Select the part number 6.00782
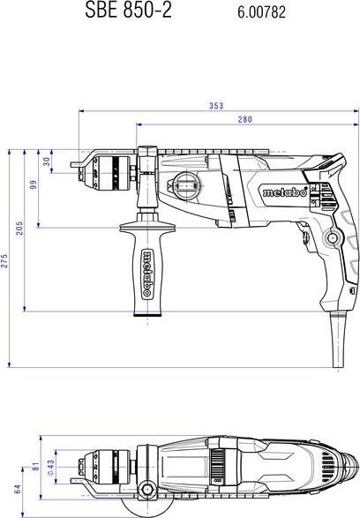pyautogui.click(x=262, y=13)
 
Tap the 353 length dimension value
pyautogui.click(x=215, y=106)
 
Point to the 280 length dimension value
pyautogui.click(x=244, y=119)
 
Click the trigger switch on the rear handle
pyautogui.click(x=304, y=231)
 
